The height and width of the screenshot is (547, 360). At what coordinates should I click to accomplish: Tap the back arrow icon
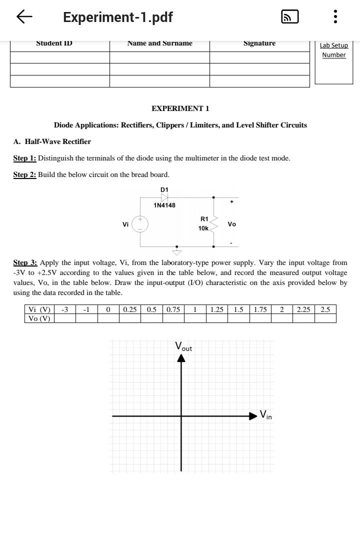coord(24,17)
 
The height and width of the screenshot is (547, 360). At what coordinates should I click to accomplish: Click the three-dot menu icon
coord(335,17)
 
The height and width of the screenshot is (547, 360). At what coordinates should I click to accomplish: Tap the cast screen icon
coord(290,17)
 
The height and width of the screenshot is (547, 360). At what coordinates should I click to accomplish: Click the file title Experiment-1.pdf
coord(117,17)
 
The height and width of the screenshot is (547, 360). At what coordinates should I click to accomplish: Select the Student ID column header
coord(54,43)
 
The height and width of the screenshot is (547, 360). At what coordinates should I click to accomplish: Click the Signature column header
coord(259,43)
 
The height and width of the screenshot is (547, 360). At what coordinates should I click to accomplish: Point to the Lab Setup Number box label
coord(333,50)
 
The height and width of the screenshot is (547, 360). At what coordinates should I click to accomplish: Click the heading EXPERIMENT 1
coord(180,108)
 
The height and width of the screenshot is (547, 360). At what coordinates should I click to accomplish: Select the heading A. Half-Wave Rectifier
coord(52,141)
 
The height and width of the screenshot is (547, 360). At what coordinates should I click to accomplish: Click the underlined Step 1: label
coord(24,158)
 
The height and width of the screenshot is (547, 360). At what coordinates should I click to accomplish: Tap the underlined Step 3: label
coord(25,262)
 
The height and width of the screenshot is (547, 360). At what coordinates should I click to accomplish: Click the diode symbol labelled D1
coord(164,197)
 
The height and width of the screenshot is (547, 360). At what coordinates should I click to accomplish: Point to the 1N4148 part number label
coord(164,205)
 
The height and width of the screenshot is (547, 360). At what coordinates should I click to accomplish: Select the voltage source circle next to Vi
coord(140,224)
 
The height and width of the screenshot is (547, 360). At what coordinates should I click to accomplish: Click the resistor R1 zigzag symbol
coord(214,224)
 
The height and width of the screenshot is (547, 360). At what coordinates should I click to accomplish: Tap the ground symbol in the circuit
coord(176,251)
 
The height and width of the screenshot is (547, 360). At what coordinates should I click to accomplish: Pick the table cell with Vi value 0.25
coord(129,309)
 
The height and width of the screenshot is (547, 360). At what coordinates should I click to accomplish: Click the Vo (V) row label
coord(39,318)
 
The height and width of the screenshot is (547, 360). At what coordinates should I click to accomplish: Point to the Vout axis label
coord(183,346)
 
